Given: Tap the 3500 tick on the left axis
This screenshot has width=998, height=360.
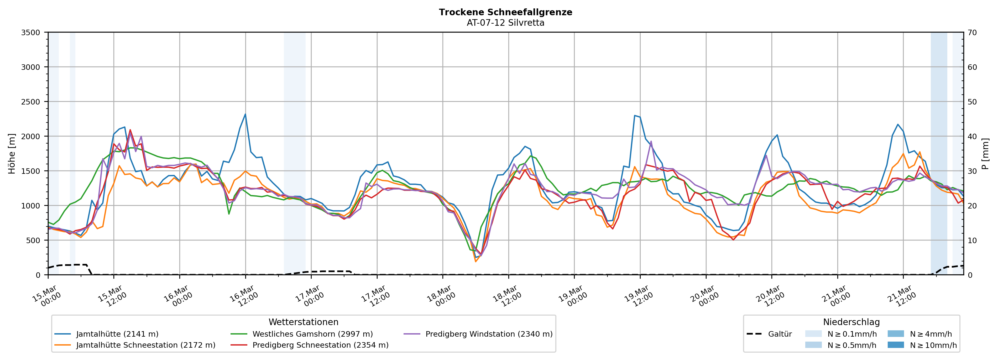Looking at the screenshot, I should [x=31, y=33].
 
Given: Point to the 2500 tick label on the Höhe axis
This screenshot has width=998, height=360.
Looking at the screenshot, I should [x=31, y=102].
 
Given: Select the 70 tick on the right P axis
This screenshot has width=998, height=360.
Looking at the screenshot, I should [x=972, y=33].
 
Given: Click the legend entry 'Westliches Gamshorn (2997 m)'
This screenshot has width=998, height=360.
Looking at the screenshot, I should [x=312, y=334].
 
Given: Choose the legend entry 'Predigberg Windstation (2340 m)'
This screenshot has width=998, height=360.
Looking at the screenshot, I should [x=489, y=334].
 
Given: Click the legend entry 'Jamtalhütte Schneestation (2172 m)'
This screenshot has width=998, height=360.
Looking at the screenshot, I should [x=146, y=345].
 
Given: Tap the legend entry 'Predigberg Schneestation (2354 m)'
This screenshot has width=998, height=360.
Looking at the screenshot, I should [x=320, y=345].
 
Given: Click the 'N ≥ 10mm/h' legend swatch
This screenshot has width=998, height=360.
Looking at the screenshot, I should [x=895, y=345].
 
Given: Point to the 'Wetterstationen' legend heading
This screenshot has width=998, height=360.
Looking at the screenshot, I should [x=303, y=322].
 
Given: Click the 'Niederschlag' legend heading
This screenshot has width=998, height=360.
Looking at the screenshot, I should [x=851, y=322].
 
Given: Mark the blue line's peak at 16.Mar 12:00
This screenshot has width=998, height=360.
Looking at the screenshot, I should [x=245, y=114].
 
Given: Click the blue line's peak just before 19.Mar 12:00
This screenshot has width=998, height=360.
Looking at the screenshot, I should [x=635, y=116].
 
